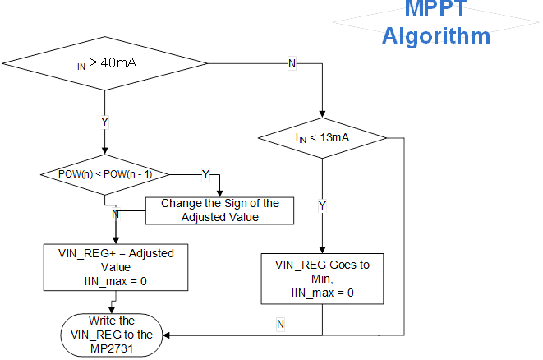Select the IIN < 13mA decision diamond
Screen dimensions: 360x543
tap(322, 138)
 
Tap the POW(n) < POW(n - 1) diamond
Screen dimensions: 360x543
tap(104, 173)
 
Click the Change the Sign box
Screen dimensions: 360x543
tap(220, 210)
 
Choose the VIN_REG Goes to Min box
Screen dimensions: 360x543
tap(321, 279)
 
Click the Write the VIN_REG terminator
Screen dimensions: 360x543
tap(114, 335)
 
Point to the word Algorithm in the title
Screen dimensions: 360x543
tap(436, 36)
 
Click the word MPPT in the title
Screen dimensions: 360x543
tap(436, 10)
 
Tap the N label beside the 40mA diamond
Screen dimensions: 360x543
tap(292, 64)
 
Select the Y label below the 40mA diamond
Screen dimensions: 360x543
tap(104, 122)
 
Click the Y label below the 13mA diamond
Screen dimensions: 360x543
tap(322, 205)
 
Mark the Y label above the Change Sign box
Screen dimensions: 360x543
tap(205, 174)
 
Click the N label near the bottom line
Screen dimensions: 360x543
tap(280, 325)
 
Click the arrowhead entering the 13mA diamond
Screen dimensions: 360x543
tap(322, 114)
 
